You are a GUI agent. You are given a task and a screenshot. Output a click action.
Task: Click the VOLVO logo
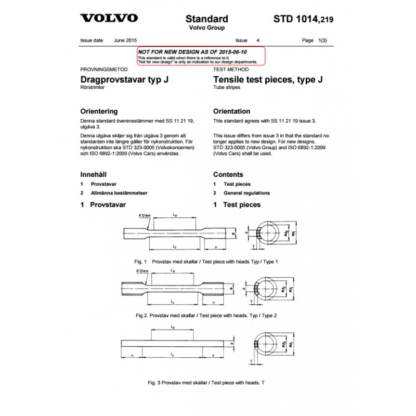[x=109, y=18]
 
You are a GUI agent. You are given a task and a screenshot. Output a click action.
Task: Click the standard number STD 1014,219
[x=303, y=20]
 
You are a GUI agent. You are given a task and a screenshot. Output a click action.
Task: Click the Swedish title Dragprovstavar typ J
[x=124, y=80]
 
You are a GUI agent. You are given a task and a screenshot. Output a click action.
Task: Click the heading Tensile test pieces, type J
[x=268, y=80]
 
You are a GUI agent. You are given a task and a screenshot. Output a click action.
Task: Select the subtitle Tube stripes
[x=226, y=88]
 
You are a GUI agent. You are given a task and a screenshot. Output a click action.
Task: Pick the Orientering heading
[x=99, y=111]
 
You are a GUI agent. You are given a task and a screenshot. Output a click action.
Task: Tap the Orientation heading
[x=232, y=111]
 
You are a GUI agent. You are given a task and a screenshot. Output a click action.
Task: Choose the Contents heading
[x=228, y=175]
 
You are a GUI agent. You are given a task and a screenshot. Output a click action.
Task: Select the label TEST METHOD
[x=231, y=69]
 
